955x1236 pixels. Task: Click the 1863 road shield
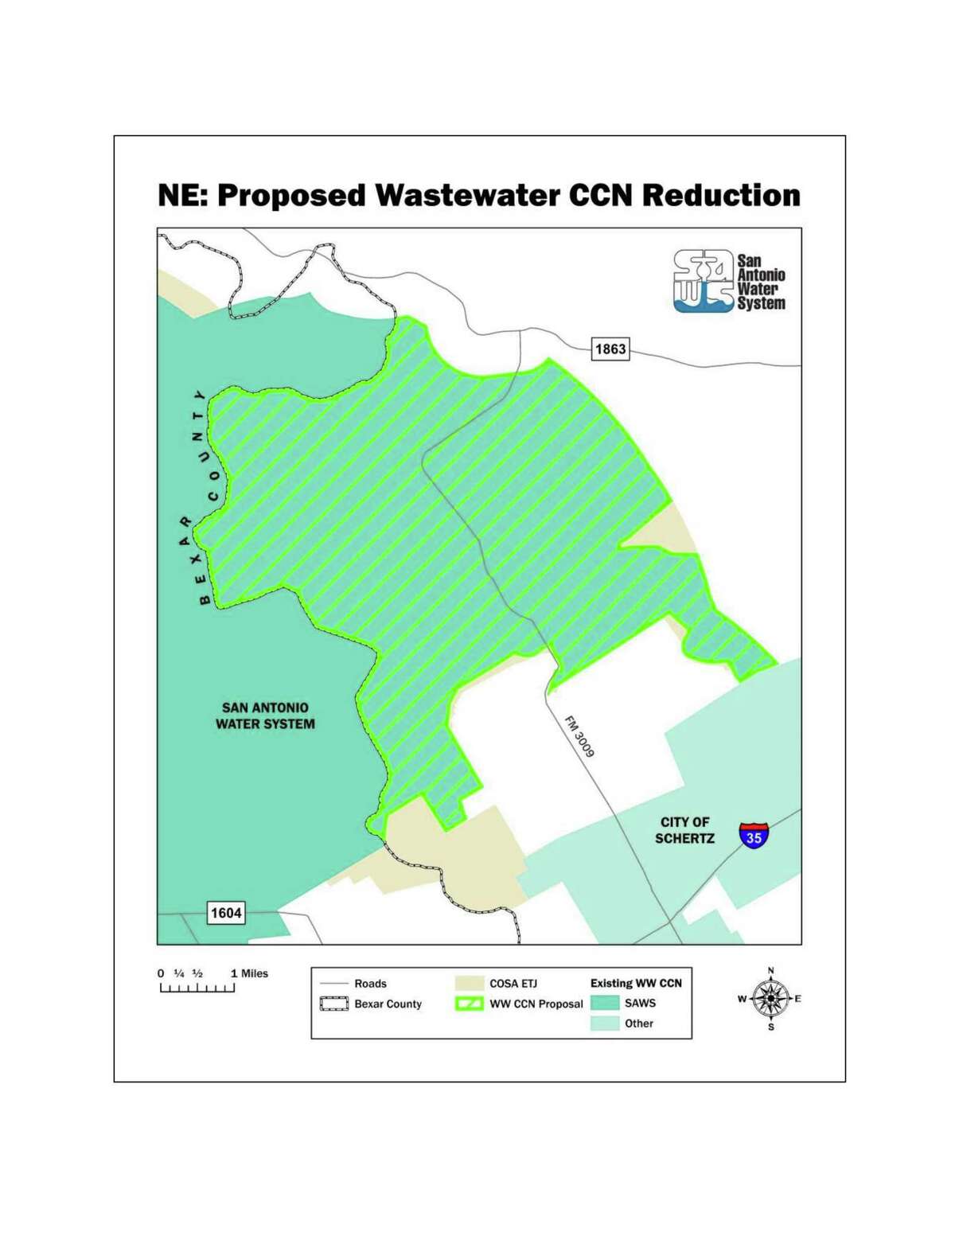[610, 349]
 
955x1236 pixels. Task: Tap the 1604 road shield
[226, 913]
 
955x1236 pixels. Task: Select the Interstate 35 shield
[754, 835]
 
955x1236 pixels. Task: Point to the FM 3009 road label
[580, 736]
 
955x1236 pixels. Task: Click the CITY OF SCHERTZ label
[684, 830]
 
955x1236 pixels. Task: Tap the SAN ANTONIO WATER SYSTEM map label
[265, 715]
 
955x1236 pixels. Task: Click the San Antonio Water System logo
[728, 282]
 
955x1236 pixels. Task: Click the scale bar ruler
[197, 988]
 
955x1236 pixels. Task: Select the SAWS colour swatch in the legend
[605, 1003]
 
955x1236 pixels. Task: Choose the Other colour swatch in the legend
[605, 1024]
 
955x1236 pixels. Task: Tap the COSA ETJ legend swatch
[469, 984]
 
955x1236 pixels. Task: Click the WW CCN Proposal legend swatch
[469, 1004]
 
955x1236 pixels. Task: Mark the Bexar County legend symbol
[334, 1004]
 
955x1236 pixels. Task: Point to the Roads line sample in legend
[334, 984]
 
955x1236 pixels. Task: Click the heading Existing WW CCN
[636, 983]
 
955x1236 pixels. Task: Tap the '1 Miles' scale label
[249, 973]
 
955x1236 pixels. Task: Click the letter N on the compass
[770, 970]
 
